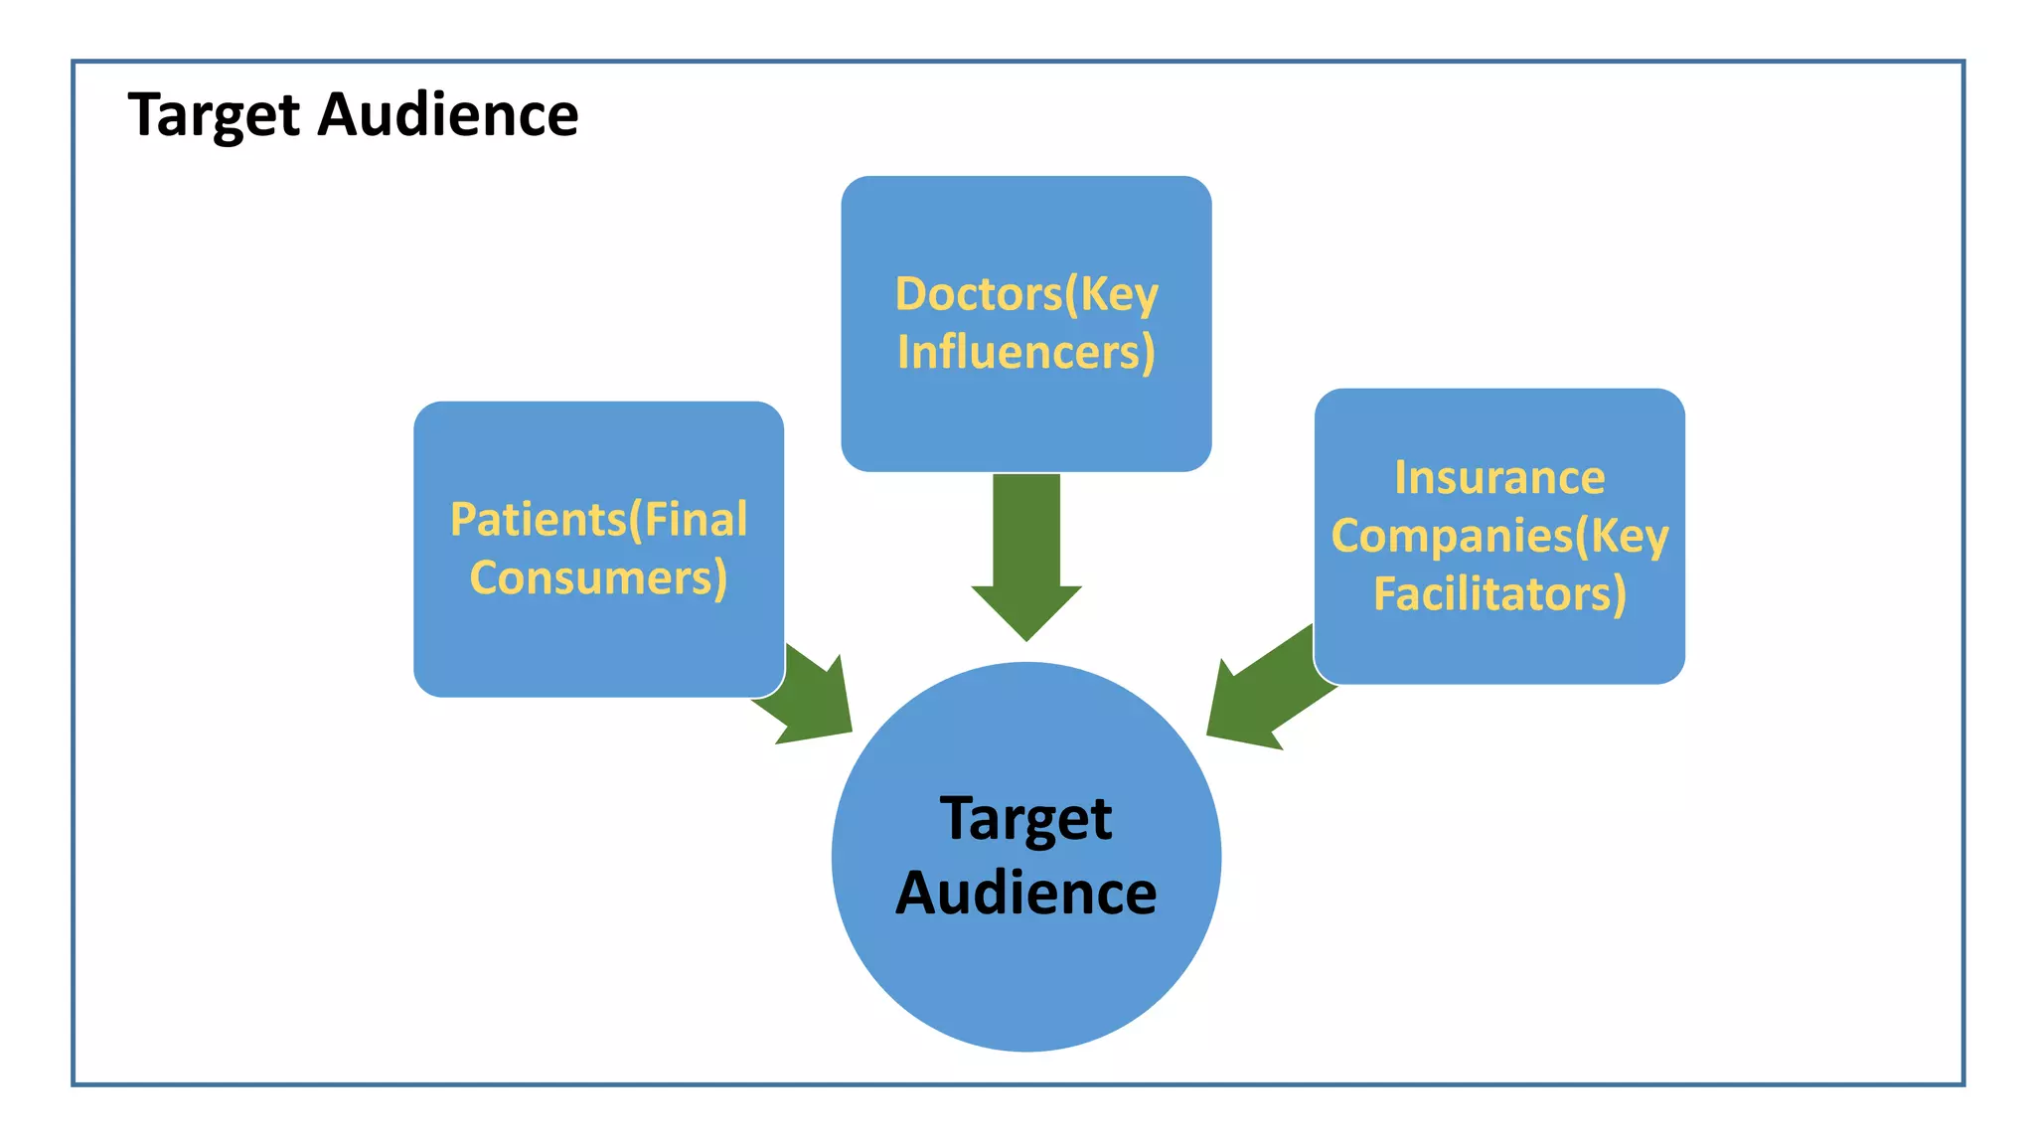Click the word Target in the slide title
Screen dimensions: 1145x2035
[214, 115]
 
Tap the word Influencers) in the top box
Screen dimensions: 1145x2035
[1026, 353]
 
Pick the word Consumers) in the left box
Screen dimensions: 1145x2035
[598, 578]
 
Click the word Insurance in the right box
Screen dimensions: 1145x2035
[1499, 478]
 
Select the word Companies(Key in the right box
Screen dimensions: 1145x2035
[1499, 537]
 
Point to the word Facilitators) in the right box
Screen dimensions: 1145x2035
[1499, 594]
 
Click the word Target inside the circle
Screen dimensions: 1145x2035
[1025, 819]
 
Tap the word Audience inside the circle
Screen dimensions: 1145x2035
[1025, 894]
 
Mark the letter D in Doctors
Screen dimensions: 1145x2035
[910, 294]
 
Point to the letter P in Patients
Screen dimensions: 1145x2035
[464, 520]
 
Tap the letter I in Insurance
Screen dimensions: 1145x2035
[1401, 478]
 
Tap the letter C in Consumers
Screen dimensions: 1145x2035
[486, 578]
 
